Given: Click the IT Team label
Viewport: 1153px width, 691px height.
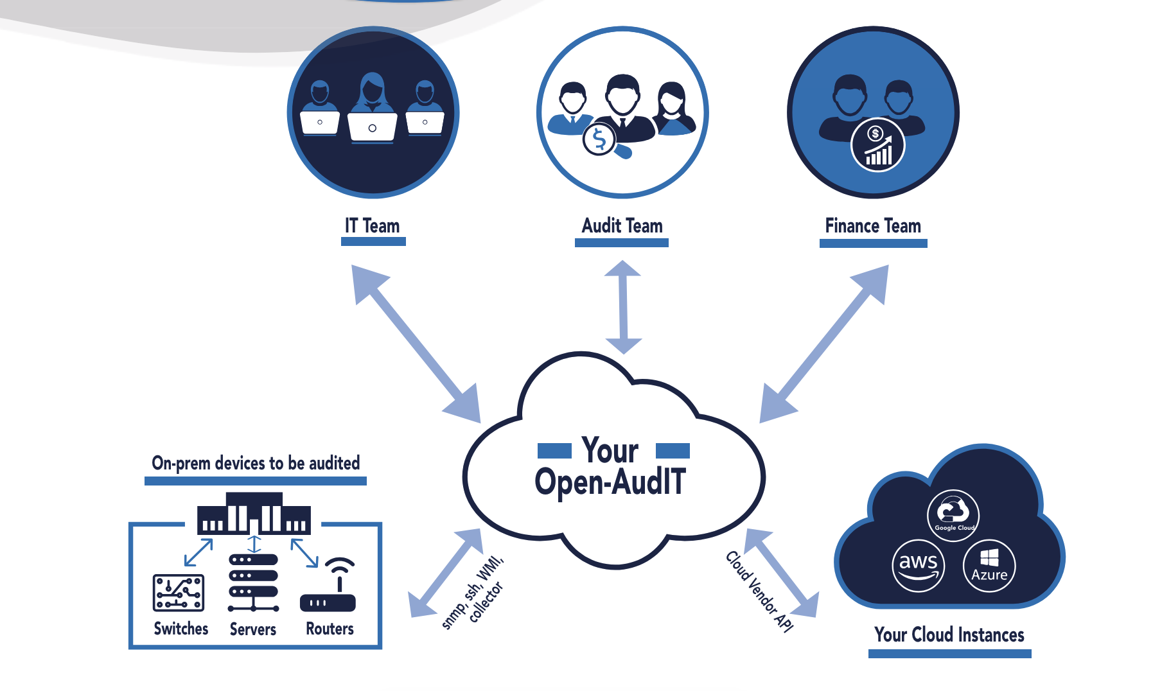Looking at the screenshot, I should [373, 226].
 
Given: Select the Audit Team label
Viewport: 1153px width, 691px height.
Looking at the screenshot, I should [622, 226].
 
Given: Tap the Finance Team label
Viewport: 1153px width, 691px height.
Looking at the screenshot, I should [873, 226].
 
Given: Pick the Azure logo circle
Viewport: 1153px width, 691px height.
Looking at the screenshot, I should [989, 566].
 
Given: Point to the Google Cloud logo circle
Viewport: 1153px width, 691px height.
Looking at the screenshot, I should [953, 515].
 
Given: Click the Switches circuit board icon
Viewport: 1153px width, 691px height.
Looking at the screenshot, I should [179, 592].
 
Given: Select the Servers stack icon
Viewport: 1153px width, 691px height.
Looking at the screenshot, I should [254, 582].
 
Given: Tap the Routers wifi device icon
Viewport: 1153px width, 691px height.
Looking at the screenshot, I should [328, 587].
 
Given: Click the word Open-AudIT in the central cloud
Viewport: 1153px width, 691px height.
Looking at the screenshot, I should [610, 482].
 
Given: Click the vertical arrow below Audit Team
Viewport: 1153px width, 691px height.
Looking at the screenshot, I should [622, 307].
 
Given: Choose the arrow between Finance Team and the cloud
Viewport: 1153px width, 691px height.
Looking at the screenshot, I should [824, 344].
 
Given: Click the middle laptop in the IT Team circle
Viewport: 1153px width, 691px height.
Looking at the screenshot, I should [372, 127].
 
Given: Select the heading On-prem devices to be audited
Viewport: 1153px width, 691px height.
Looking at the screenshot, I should [256, 463].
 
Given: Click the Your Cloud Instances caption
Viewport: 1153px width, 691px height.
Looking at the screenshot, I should [949, 635].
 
